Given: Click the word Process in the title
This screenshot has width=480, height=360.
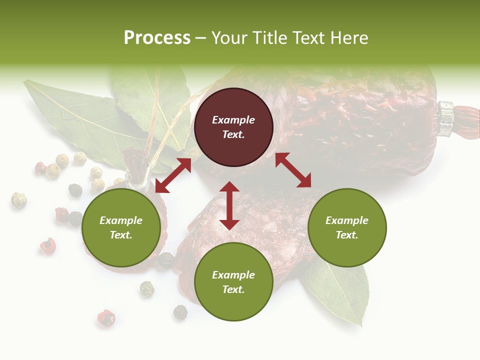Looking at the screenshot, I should [x=157, y=38].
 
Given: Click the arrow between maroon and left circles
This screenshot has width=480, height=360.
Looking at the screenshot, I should [x=173, y=175].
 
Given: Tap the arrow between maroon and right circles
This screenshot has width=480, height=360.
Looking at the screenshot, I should [x=293, y=170].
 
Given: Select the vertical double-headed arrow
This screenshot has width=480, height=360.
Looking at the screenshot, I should [x=229, y=205].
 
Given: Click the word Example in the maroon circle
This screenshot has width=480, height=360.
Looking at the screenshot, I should [x=233, y=120].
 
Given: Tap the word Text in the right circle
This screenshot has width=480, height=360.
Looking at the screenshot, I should [x=347, y=235].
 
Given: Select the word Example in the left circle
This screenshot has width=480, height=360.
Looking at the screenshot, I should [x=121, y=220].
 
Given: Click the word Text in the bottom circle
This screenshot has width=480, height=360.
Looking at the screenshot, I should [x=232, y=289].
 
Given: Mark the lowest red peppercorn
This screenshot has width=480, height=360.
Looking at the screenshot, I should [x=106, y=318].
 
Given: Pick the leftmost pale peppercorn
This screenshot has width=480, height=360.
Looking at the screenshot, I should [x=19, y=200].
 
